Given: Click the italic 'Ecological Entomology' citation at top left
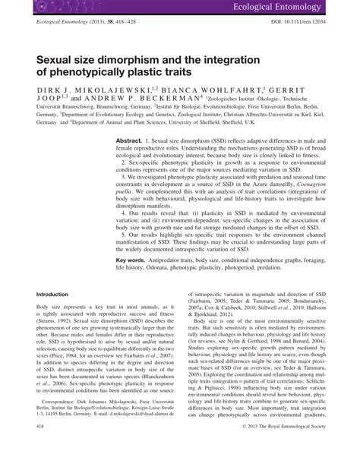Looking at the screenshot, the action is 60,24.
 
